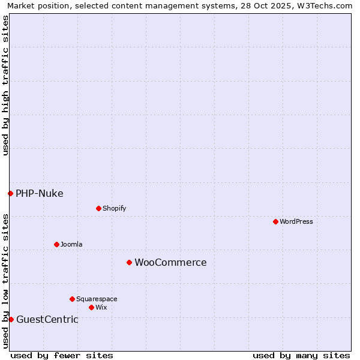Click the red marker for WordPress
click(x=275, y=222)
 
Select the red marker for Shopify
click(x=98, y=209)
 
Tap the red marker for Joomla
click(x=56, y=244)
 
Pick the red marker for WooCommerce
click(x=129, y=262)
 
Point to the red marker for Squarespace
click(x=72, y=299)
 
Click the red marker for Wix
click(x=91, y=307)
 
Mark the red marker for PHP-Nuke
click(x=10, y=193)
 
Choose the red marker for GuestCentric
click(x=11, y=319)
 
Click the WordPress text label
click(x=296, y=222)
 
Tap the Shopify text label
click(x=115, y=209)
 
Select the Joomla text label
click(x=71, y=244)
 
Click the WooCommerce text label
click(x=170, y=263)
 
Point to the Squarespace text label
click(x=97, y=299)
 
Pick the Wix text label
click(x=101, y=307)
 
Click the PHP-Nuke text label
click(x=40, y=193)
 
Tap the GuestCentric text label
click(x=47, y=319)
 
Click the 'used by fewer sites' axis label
click(x=62, y=355)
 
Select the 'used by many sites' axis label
click(x=301, y=355)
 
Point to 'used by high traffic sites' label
click(x=5, y=85)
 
